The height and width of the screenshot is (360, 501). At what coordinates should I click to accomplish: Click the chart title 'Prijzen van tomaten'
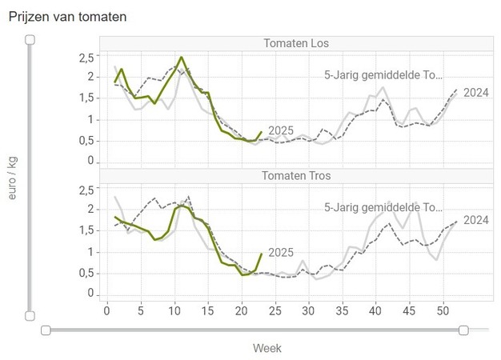[x=68, y=16]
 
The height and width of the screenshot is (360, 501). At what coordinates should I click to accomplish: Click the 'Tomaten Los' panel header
[x=296, y=43]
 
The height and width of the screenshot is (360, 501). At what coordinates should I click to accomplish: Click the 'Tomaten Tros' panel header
[x=296, y=175]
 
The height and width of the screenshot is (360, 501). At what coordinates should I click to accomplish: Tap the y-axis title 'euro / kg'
[x=13, y=178]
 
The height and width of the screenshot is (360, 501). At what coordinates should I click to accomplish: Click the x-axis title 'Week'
[x=267, y=348]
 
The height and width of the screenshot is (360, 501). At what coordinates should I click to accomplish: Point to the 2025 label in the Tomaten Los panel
[x=281, y=130]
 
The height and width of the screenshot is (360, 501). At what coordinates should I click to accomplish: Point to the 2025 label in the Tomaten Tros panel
[x=281, y=253]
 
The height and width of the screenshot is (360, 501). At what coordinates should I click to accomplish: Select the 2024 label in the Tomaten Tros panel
[x=476, y=220]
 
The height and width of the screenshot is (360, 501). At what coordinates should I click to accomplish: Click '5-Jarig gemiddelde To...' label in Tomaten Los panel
[x=383, y=75]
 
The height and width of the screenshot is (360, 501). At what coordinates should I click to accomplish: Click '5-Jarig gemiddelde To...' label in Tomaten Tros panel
[x=383, y=206]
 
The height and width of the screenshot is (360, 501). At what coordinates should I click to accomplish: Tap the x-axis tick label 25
[x=275, y=309]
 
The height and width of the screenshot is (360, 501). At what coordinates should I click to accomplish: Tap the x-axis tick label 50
[x=443, y=309]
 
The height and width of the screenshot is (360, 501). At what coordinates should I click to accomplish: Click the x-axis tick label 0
[x=107, y=309]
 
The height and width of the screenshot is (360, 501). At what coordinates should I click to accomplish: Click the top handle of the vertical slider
[x=30, y=39]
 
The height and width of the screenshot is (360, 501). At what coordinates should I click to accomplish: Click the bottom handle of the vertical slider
[x=30, y=316]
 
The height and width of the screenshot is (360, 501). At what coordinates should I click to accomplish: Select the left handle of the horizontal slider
[x=46, y=330]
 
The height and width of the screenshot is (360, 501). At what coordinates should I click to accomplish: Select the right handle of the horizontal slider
[x=464, y=330]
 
